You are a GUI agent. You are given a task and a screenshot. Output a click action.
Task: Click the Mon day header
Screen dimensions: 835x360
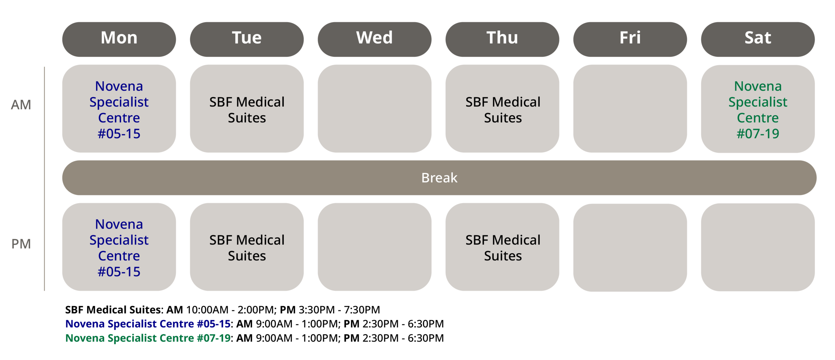coord(119,39)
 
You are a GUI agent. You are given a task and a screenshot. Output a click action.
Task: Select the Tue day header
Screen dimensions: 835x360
coord(247,39)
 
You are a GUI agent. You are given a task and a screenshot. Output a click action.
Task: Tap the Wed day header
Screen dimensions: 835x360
coord(374,39)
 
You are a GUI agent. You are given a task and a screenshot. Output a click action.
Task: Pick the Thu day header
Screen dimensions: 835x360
coord(502,39)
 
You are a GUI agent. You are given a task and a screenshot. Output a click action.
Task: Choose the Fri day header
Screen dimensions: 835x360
coord(630,39)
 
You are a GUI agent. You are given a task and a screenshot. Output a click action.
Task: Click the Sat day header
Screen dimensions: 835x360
coord(758,39)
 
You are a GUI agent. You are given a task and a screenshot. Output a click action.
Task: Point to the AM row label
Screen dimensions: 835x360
coord(21,105)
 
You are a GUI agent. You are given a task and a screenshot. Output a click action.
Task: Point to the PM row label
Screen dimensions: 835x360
coord(21,244)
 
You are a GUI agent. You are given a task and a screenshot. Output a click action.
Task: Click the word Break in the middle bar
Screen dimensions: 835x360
coord(439,178)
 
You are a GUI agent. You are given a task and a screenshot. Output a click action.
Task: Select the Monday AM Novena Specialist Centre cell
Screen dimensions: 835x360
coord(119,109)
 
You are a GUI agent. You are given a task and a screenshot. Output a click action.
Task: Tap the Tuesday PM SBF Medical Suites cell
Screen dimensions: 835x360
coord(247,247)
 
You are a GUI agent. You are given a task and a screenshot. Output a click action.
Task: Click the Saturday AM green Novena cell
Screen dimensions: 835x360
coord(758,109)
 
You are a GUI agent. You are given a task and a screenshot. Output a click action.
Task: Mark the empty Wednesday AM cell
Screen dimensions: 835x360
coord(374,109)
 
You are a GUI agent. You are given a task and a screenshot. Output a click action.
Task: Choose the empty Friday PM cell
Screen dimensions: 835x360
coord(630,247)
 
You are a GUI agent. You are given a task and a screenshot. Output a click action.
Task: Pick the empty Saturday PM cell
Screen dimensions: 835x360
coord(758,247)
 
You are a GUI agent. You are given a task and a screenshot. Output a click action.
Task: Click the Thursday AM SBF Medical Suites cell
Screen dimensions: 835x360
coord(502,109)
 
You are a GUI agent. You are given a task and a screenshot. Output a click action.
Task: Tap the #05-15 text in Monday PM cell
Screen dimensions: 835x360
coord(119,272)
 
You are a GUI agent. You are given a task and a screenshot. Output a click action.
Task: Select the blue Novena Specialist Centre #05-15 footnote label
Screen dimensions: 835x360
coord(148,324)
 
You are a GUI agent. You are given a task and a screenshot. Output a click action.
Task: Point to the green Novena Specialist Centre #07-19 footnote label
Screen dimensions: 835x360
coord(148,338)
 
